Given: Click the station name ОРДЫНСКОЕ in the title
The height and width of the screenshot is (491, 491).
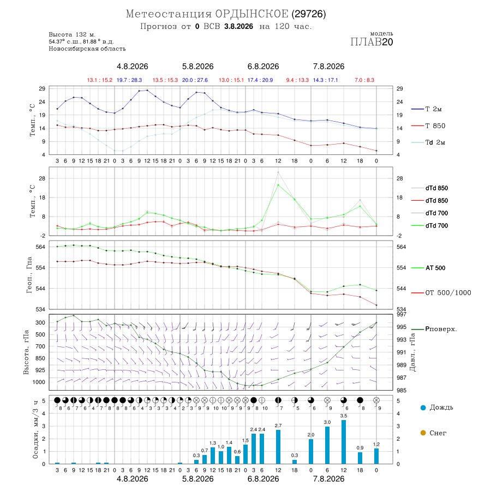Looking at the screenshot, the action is point(252,14).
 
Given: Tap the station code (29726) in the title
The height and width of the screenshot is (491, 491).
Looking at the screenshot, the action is point(309,14).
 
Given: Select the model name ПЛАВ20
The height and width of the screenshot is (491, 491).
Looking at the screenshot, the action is point(372,42).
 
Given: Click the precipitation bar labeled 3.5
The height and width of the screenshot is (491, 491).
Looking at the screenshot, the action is point(344,442).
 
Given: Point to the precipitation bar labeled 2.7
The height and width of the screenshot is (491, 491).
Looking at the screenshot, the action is point(278,447).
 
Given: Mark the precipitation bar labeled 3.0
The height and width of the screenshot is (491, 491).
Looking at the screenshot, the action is point(327,445).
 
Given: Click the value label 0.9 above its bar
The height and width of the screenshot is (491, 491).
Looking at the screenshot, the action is point(360,448).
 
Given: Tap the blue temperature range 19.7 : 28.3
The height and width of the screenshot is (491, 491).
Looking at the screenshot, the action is point(129,80).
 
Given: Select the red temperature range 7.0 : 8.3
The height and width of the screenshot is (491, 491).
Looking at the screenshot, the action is point(364,80).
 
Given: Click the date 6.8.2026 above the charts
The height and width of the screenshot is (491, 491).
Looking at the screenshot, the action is point(263,67).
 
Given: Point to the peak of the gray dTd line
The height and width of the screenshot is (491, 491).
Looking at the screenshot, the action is point(278,172).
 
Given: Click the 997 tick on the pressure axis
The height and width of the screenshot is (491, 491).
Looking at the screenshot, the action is point(402,314).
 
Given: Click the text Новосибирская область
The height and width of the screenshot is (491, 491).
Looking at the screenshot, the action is point(87,49).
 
